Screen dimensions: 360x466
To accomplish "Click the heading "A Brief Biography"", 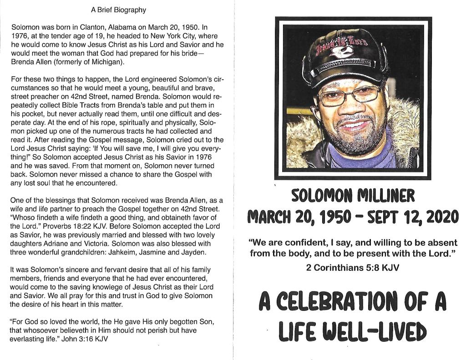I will point(118,9).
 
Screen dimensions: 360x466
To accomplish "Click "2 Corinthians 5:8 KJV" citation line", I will point(353,268).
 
